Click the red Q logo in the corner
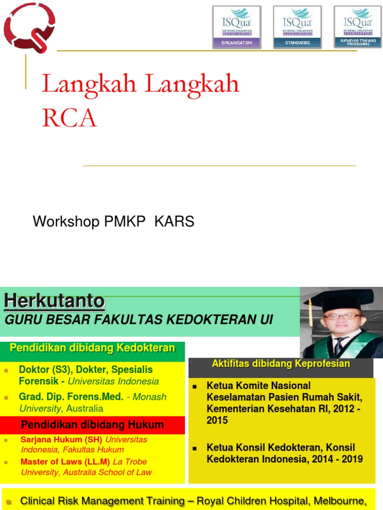tap(29, 27)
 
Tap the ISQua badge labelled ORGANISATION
tap(237, 27)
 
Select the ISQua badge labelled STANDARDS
tap(297, 27)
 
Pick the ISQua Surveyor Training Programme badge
tap(358, 27)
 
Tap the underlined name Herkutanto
tap(54, 301)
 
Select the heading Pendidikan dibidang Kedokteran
tap(92, 348)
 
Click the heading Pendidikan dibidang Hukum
tap(92, 425)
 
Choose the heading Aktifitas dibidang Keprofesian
tap(281, 364)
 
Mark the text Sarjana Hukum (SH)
tap(62, 440)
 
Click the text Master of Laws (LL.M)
tap(65, 462)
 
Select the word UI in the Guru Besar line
tap(266, 320)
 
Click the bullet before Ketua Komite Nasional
tap(196, 386)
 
